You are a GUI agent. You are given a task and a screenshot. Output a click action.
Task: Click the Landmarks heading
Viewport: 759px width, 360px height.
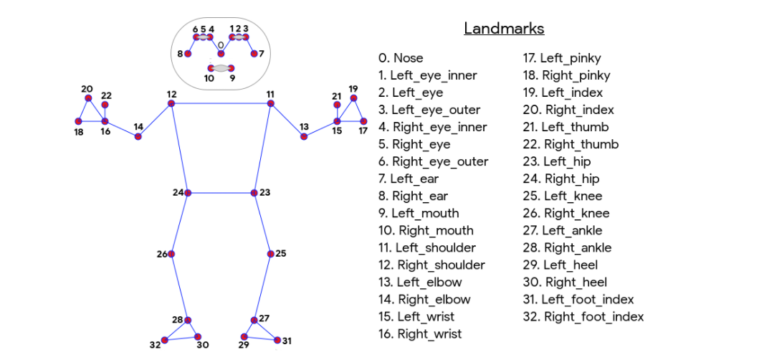pos(504,29)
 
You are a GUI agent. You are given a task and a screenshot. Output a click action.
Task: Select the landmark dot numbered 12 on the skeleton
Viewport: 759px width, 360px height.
pos(171,103)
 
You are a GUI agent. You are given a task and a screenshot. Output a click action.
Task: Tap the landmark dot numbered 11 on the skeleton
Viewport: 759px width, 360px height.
pos(270,103)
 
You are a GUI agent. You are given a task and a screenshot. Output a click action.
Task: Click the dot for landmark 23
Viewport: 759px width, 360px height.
pos(254,193)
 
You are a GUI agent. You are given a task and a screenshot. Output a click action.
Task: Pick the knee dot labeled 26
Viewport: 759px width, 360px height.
pos(171,254)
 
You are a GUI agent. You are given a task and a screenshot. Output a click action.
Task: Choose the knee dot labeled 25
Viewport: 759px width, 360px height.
pos(271,254)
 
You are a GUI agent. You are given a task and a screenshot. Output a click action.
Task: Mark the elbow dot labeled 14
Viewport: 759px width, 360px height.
pos(138,136)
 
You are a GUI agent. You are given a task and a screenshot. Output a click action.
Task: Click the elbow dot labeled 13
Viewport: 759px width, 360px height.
pos(304,136)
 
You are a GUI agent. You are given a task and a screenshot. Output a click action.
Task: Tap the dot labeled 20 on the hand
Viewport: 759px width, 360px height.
pos(88,98)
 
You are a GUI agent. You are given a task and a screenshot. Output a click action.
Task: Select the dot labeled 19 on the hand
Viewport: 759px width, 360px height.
pos(353,98)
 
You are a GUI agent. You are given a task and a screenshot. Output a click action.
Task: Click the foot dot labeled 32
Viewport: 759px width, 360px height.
pos(164,340)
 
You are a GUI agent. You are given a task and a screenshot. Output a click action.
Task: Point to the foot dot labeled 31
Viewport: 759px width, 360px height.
pos(277,340)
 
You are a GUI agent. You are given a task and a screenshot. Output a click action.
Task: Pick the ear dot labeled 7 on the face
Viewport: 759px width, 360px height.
pos(254,53)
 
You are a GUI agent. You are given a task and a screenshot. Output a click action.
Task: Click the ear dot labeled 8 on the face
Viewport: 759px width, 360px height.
pos(188,53)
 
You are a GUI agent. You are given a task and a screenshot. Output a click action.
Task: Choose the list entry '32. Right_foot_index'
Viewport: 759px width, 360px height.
pos(583,316)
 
